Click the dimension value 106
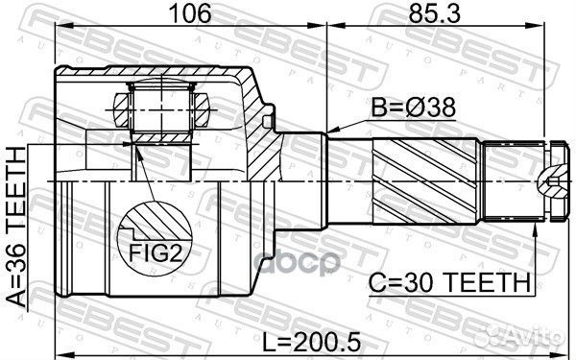pyautogui.click(x=189, y=14)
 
